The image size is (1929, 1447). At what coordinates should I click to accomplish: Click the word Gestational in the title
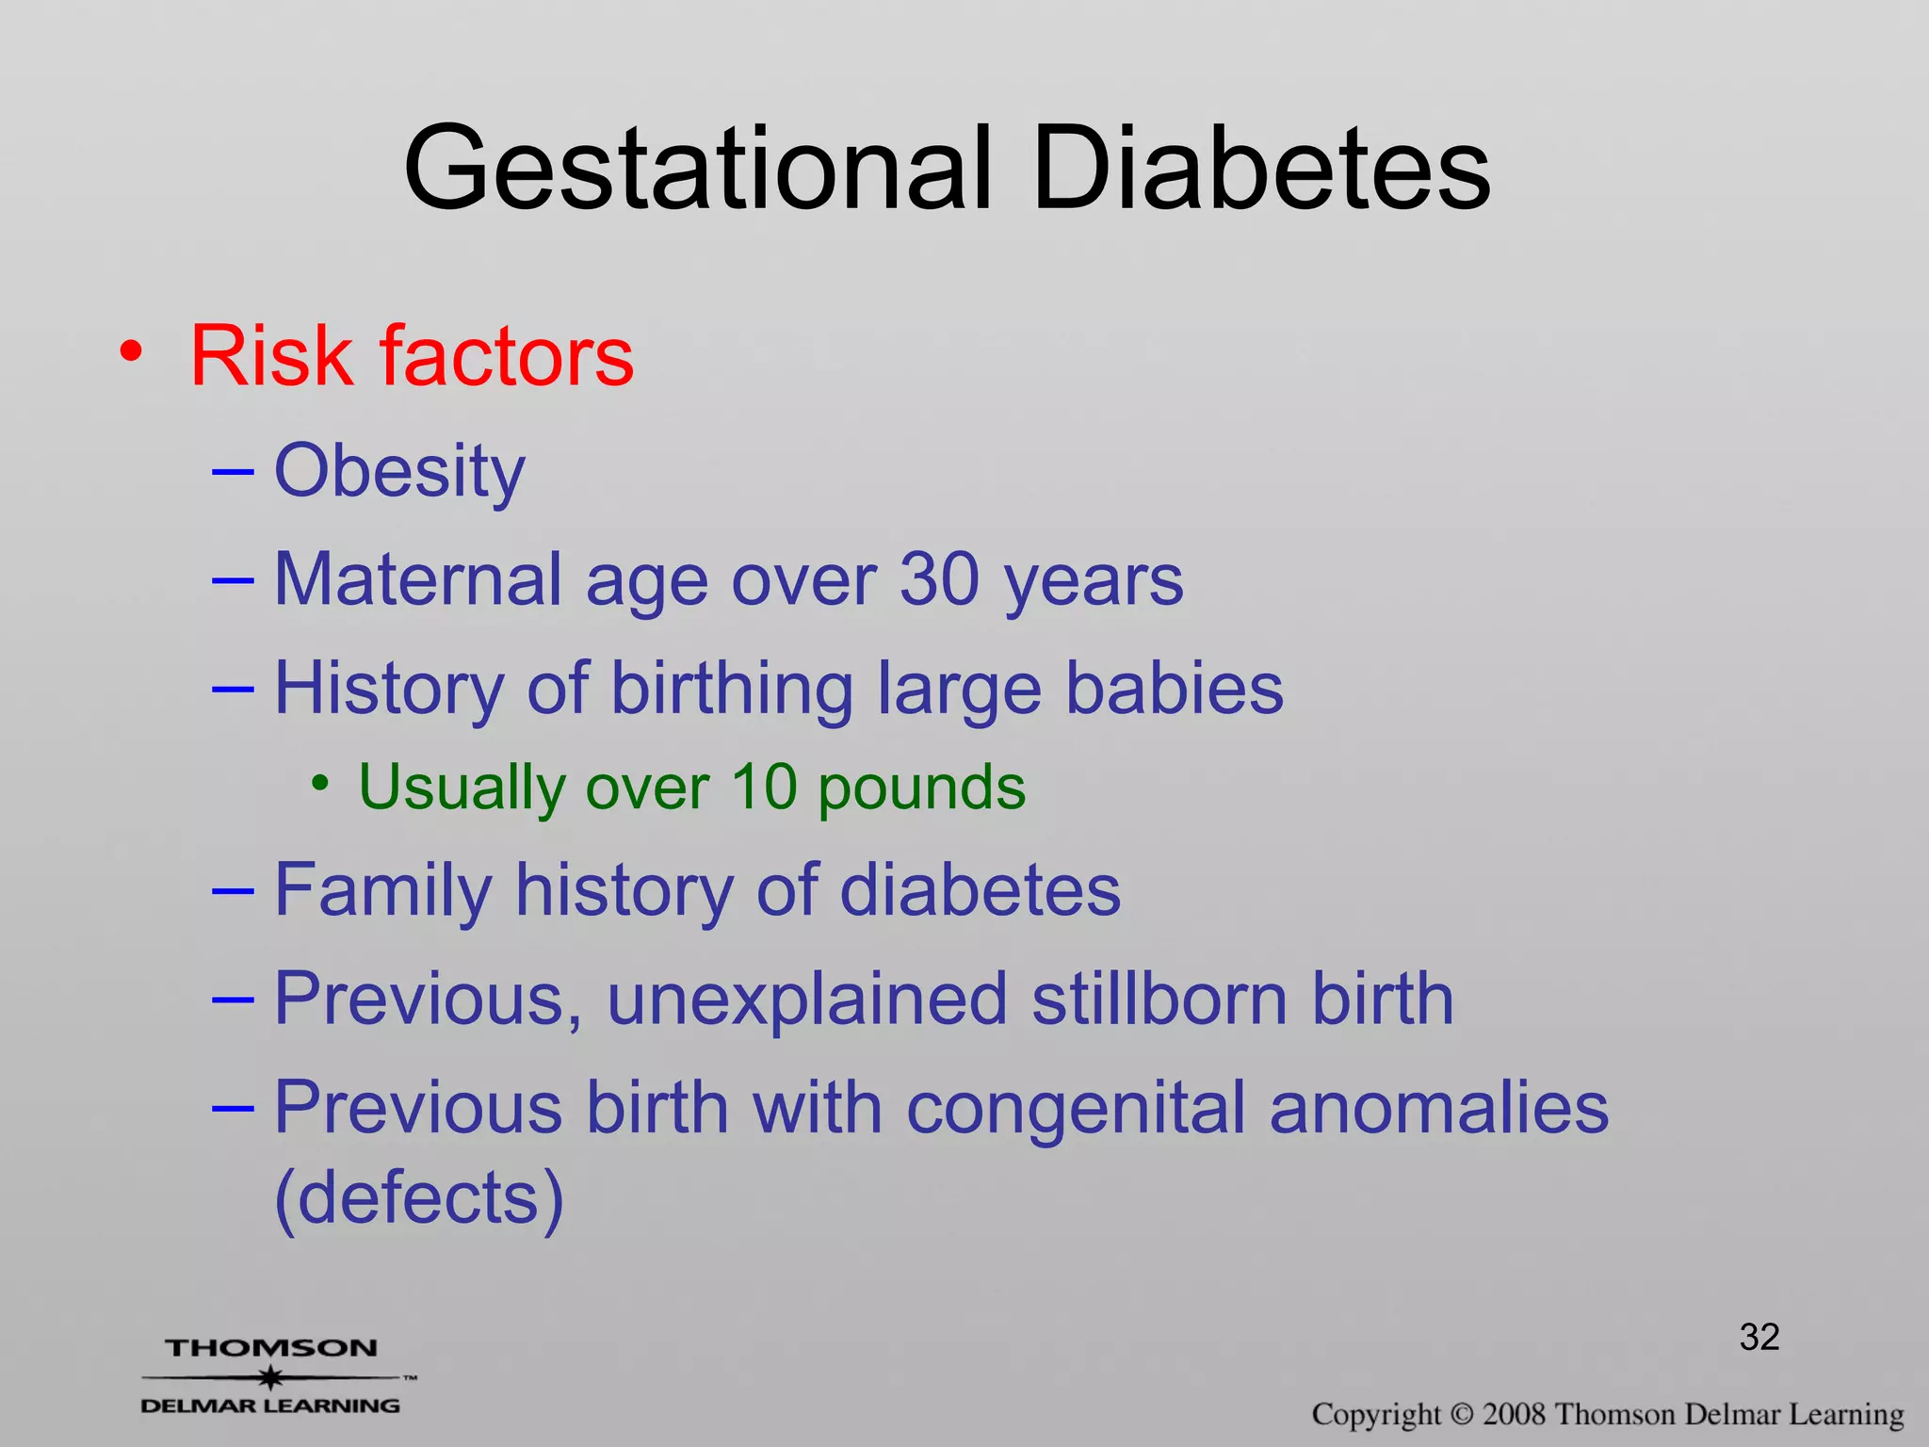(698, 170)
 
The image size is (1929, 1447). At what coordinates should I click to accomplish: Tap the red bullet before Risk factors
(132, 352)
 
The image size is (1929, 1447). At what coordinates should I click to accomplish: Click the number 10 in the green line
(764, 787)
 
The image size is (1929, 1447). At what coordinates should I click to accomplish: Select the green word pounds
(921, 789)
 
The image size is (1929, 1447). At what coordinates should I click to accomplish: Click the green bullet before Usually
(321, 783)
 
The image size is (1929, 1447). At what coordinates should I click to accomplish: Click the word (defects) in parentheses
(419, 1198)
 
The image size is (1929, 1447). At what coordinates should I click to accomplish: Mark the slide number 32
(1759, 1337)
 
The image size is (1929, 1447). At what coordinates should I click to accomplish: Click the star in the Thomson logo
(271, 1378)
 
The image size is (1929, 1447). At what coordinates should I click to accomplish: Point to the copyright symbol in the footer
(1461, 1414)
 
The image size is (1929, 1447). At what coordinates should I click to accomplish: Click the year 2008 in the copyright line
(1515, 1414)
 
